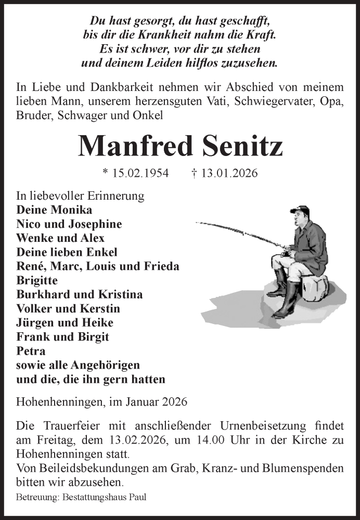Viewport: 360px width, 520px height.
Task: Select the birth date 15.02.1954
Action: point(141,174)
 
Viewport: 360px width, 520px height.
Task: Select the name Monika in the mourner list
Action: point(70,210)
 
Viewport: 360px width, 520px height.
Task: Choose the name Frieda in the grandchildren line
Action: point(161,266)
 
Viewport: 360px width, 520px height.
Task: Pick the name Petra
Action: point(31,350)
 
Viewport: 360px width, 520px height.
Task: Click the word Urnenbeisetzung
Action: point(234,426)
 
